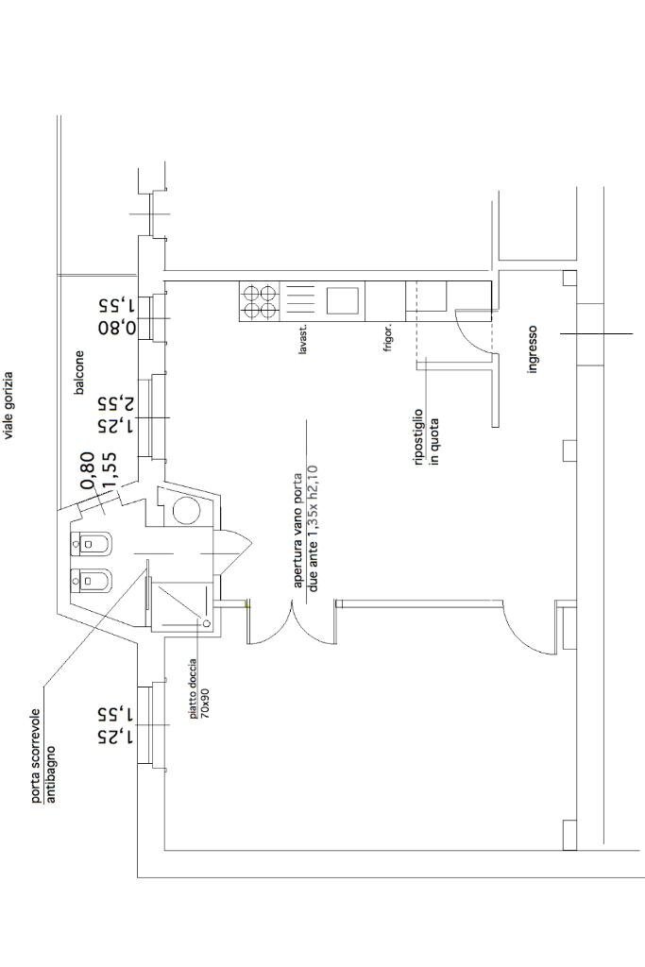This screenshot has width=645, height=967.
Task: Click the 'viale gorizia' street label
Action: pyautogui.click(x=8, y=405)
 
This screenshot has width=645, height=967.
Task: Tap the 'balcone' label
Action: pyautogui.click(x=79, y=372)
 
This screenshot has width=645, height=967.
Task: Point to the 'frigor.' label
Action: pyautogui.click(x=388, y=337)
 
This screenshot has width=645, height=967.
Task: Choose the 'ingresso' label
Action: pyautogui.click(x=533, y=349)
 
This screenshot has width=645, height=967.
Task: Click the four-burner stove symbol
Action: pyautogui.click(x=260, y=300)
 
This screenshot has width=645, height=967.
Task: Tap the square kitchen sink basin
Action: pyautogui.click(x=343, y=300)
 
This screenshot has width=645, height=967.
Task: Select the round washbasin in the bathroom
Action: pyautogui.click(x=186, y=511)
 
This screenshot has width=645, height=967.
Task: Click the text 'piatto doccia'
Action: pyautogui.click(x=192, y=687)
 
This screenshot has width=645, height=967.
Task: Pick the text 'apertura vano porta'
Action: pyautogui.click(x=298, y=530)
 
